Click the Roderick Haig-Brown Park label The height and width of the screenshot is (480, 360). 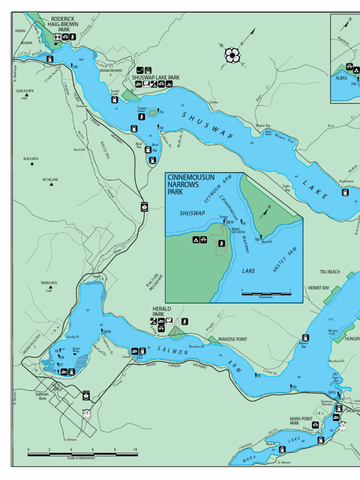coord(63,24)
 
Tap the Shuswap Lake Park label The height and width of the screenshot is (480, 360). coord(155,78)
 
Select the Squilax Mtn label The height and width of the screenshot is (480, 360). coord(24,91)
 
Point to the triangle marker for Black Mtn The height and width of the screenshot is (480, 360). coord(32,164)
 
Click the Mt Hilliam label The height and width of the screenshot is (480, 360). coord(50,180)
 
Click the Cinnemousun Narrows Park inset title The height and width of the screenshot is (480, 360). coord(191,184)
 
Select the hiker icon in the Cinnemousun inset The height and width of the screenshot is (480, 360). coord(221,243)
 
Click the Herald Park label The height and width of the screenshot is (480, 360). coord(162,312)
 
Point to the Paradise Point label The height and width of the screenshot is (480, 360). coord(232,339)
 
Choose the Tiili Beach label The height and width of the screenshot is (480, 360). coord(330,272)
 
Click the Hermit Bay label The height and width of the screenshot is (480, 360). coord(318,287)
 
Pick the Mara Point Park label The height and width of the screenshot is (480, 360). coord(300,420)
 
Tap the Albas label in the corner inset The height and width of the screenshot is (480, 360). coord(341,78)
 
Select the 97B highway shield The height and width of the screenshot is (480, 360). coord(86,413)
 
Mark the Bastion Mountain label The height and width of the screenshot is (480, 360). coord(155,282)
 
